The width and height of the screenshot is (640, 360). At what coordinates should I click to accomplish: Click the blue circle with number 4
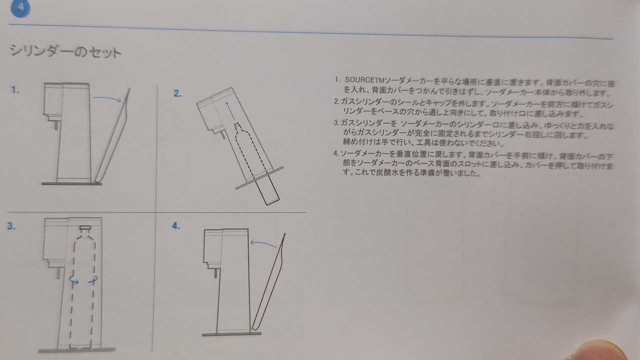tap(20, 8)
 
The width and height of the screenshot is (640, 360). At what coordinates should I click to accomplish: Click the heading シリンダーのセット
tap(65, 51)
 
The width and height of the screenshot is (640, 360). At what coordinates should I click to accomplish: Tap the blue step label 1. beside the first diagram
tap(15, 90)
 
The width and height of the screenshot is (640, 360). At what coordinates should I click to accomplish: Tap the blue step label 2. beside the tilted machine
tap(177, 93)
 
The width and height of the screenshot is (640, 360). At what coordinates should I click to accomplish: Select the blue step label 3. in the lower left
tap(11, 226)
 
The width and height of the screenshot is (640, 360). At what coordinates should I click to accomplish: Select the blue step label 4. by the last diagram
tap(176, 226)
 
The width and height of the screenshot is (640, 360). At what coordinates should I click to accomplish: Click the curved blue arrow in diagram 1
tap(107, 98)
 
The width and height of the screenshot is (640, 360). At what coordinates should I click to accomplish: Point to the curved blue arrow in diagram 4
tap(263, 243)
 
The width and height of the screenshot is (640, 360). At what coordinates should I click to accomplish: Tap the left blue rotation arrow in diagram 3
tap(73, 280)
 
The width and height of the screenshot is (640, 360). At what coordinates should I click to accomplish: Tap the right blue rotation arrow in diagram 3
tap(93, 280)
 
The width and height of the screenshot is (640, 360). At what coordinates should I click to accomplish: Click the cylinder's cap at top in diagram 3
tap(85, 228)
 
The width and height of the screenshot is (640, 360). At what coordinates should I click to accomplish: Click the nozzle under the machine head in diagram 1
tap(56, 125)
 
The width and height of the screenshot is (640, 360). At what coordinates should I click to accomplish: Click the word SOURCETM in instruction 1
tap(365, 79)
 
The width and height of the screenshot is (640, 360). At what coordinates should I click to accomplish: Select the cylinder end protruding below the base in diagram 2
tap(267, 190)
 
